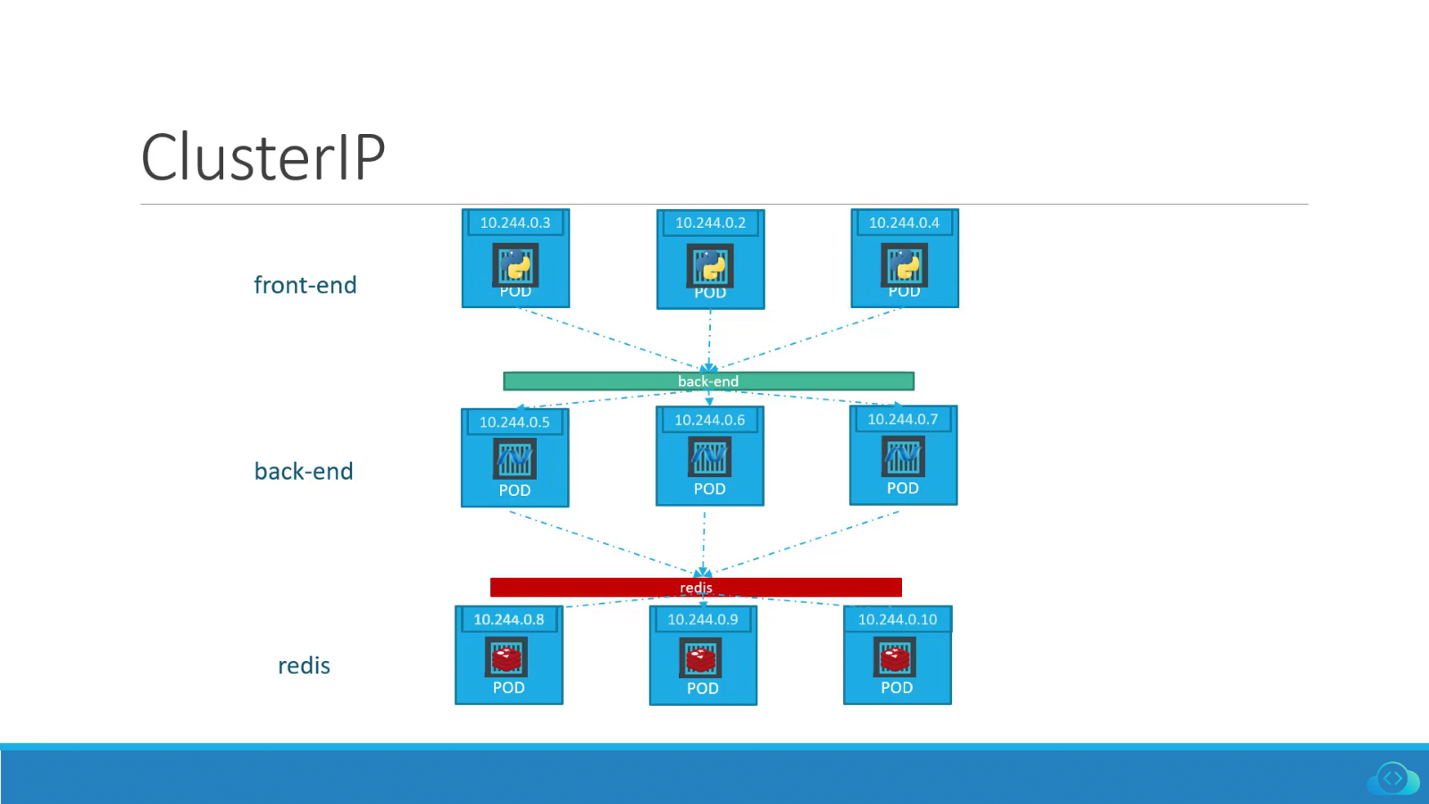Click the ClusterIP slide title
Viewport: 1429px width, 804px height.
[x=263, y=157]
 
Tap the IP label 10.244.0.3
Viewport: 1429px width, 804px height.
[x=515, y=222]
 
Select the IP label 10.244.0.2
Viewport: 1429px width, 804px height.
[x=710, y=222]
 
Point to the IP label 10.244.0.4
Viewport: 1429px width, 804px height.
[x=904, y=222]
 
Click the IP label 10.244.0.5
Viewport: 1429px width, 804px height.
[x=514, y=422]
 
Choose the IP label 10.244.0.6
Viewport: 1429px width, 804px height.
[x=709, y=420]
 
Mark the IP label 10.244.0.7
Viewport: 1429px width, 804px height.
[x=902, y=419]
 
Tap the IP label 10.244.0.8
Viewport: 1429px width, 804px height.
[x=508, y=619]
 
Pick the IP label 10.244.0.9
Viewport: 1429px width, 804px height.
[x=703, y=619]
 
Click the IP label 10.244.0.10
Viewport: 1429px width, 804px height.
[x=898, y=619]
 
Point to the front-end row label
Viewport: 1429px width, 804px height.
[x=305, y=285]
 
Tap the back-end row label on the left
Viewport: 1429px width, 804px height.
[x=304, y=472]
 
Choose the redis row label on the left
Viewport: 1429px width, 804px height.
[x=304, y=666]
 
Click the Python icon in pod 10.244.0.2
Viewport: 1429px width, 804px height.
[x=710, y=265]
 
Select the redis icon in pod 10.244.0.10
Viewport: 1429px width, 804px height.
[x=895, y=658]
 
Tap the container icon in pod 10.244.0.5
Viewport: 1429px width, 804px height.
[x=514, y=460]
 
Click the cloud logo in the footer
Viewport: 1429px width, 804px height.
[x=1392, y=779]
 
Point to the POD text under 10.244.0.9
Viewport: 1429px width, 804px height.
[x=703, y=689]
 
